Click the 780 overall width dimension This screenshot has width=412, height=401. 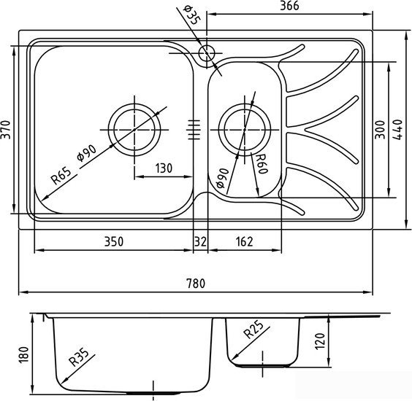(196, 284)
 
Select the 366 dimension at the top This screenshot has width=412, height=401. (289, 6)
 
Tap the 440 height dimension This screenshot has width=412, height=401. (398, 130)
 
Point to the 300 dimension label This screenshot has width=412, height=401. (380, 130)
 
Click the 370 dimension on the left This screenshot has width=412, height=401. (6, 130)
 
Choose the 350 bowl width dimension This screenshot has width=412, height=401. (113, 241)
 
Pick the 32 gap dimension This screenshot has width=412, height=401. (200, 241)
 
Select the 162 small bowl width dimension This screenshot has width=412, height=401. (245, 241)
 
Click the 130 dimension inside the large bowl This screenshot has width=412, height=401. (164, 168)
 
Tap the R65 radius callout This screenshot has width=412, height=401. (61, 176)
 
